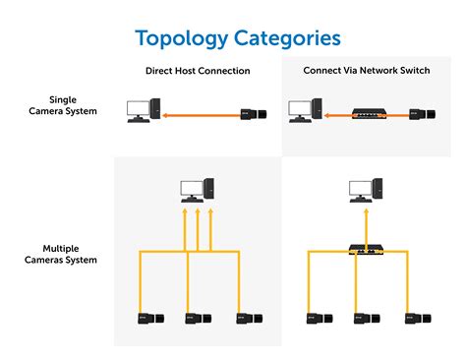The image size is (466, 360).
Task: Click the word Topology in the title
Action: tap(182, 39)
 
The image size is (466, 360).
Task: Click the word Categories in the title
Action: tap(287, 38)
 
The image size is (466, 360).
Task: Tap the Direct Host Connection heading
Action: tap(198, 71)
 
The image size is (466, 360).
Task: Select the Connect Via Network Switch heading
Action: tap(367, 70)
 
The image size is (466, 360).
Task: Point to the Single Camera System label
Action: tap(63, 105)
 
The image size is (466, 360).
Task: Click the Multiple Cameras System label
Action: tap(61, 254)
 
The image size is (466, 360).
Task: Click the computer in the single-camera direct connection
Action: tap(144, 110)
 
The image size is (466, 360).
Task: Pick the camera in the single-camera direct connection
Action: tap(254, 114)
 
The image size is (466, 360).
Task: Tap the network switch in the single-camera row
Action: tap(369, 113)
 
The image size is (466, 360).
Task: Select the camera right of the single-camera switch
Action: tap(422, 114)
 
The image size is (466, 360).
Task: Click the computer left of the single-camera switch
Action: tap(305, 110)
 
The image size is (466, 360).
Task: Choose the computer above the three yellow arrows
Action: tap(198, 190)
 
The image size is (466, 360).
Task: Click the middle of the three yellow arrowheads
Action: tap(198, 211)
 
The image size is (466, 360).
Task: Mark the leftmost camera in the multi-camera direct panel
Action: tap(150, 319)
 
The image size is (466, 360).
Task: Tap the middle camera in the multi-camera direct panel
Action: tap(198, 319)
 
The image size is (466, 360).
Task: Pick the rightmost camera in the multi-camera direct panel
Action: tap(250, 319)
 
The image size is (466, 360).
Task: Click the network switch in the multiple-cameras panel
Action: tap(367, 250)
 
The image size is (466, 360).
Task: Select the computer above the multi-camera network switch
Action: tap(366, 190)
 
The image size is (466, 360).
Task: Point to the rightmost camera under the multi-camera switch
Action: tap(418, 319)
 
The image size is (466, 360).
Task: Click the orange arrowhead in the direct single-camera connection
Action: tap(165, 115)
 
